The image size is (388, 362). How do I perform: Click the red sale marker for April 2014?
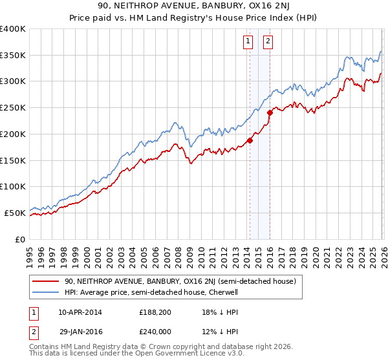[x=250, y=140]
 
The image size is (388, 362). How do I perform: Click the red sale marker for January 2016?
[x=270, y=112]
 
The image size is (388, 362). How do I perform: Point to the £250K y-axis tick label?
[x=13, y=108]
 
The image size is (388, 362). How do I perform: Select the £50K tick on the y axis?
[x=15, y=213]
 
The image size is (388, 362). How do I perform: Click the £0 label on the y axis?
[x=21, y=239]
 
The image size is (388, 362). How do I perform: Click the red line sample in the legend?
[x=46, y=281]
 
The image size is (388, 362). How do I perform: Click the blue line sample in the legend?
[x=46, y=292]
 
